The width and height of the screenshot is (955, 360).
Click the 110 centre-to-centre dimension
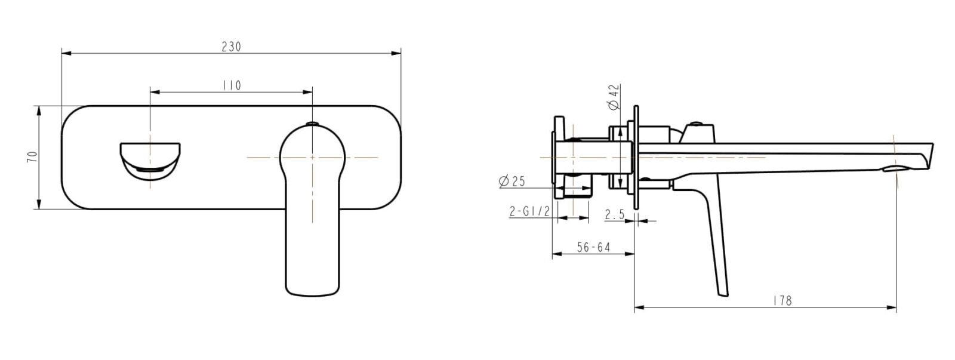pos(231,85)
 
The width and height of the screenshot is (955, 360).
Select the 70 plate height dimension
pos(33,158)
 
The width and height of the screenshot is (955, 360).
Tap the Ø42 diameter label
pos(614,97)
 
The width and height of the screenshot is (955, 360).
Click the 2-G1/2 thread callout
pos(529,212)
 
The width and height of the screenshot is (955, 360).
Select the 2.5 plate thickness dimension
pos(614,214)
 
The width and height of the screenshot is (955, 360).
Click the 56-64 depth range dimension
pos(593,247)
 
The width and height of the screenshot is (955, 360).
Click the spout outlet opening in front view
pos(151,160)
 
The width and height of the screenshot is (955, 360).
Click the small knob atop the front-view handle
pos(312,124)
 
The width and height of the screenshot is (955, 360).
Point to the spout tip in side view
pos(927,158)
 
